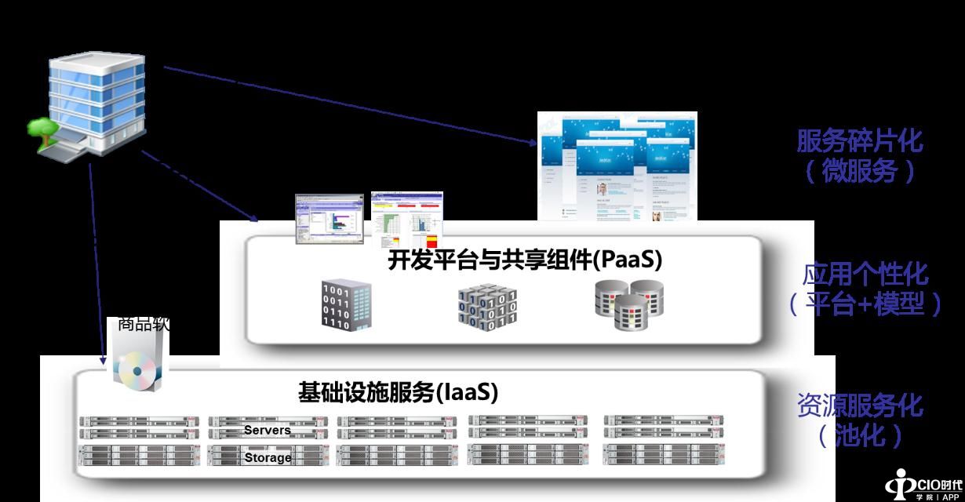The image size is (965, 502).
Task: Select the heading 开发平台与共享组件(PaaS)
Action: pos(524,260)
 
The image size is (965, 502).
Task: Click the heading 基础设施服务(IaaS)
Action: pos(398,391)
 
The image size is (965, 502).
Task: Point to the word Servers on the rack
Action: pos(267,430)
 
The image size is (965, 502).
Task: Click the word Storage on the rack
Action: pos(268,457)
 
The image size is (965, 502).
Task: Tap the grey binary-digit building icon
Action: pos(346,304)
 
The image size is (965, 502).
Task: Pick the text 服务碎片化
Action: pos(859,142)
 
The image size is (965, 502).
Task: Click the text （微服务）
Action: pos(859,170)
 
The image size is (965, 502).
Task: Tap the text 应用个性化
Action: pos(865,275)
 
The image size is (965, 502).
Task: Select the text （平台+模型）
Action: pos(865,304)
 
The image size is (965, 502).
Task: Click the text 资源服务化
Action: pos(859,406)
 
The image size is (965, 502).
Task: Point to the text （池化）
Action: pos(860,435)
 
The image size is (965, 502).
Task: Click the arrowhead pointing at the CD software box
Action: pos(103,360)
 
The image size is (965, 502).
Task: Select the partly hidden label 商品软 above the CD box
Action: pos(143,324)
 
